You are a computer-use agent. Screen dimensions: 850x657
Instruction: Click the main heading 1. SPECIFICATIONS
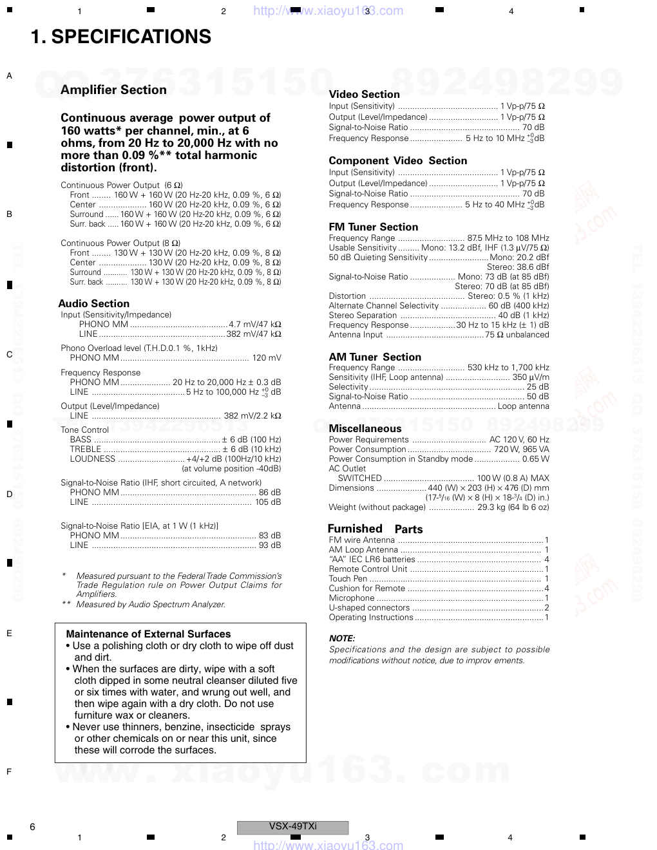click(121, 37)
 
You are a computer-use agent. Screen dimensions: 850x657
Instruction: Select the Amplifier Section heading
click(113, 90)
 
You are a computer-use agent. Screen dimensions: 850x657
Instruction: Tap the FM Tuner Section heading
click(373, 227)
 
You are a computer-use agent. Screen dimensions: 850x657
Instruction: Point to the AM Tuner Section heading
click(375, 357)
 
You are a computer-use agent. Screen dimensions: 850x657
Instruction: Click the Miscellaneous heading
click(365, 429)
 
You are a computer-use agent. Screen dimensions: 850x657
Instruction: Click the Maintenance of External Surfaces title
click(148, 634)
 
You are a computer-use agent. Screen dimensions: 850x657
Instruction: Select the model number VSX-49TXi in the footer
click(292, 827)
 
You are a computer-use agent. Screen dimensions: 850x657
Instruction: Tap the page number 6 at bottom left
click(32, 827)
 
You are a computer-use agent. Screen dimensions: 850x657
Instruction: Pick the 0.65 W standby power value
click(536, 459)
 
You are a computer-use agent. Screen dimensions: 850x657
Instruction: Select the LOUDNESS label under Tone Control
click(92, 459)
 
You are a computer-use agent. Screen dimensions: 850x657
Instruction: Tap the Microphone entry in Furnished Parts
click(351, 598)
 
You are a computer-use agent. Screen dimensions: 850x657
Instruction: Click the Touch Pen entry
click(348, 579)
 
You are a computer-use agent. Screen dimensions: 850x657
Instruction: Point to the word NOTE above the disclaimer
click(342, 639)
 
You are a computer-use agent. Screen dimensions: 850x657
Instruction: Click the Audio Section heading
click(94, 304)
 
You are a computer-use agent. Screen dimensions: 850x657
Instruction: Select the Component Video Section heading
click(397, 161)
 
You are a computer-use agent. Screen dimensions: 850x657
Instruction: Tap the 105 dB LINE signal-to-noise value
click(268, 502)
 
